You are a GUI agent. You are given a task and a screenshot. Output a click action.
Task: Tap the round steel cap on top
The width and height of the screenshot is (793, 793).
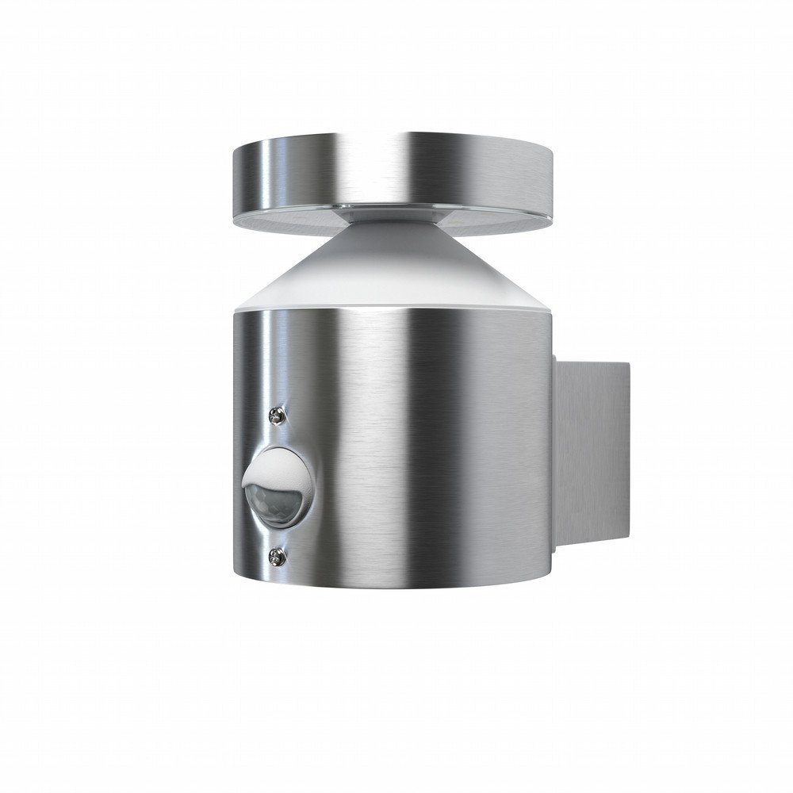[396, 178]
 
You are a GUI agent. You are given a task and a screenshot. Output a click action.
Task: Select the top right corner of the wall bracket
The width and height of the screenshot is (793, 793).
[628, 364]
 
